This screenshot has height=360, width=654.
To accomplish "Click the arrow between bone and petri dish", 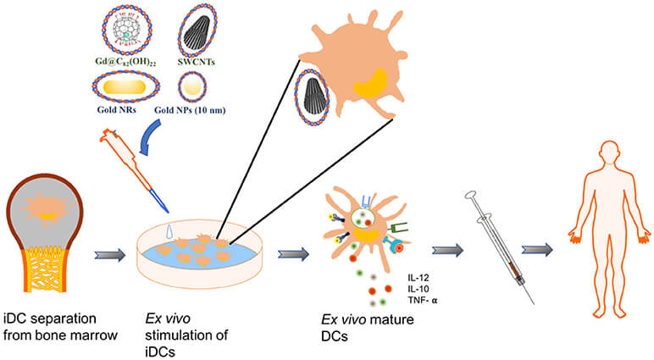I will (108, 252).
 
